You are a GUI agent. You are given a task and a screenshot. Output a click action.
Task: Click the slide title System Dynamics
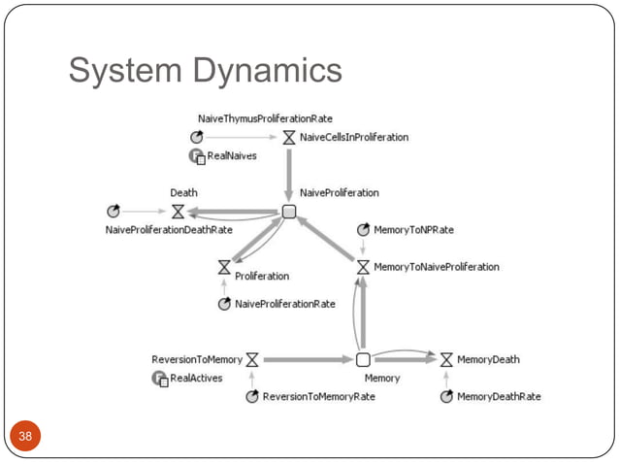click(205, 71)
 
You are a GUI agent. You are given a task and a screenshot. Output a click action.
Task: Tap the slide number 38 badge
click(25, 436)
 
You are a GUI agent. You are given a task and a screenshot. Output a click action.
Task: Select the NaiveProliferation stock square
click(288, 212)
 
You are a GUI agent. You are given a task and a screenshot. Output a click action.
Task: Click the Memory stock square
click(363, 359)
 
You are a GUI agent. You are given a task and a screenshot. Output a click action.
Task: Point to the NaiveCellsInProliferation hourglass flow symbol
click(288, 137)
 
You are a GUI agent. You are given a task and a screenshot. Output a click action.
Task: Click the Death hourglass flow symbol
click(178, 211)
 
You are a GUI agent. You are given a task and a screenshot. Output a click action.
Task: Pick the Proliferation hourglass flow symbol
click(224, 266)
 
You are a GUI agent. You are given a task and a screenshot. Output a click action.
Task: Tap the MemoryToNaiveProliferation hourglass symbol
click(363, 267)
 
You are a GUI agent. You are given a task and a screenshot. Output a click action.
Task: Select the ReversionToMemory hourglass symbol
click(251, 359)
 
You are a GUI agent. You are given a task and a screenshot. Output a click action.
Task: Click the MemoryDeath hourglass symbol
click(446, 359)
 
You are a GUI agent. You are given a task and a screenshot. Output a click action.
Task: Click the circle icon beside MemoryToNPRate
click(363, 230)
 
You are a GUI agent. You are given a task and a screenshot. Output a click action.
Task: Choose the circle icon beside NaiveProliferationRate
click(224, 304)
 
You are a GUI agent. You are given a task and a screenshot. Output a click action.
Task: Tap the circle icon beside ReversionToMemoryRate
click(252, 396)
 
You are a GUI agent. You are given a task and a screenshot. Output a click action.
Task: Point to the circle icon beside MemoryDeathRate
click(446, 396)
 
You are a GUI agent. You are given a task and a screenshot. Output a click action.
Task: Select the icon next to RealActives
click(160, 378)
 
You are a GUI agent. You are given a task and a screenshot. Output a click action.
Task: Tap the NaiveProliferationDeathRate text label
click(169, 230)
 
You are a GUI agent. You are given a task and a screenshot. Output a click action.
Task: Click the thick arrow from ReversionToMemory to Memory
click(307, 359)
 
